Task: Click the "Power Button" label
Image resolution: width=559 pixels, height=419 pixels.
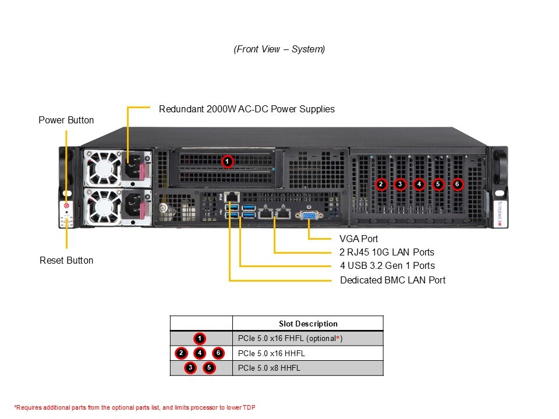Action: tap(66, 120)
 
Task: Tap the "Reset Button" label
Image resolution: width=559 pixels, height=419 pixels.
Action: tap(66, 260)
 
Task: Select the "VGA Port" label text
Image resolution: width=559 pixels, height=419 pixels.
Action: tap(358, 239)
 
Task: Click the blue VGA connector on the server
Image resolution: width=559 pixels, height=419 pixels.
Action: tap(309, 215)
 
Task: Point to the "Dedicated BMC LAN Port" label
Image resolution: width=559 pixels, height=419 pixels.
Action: tap(392, 280)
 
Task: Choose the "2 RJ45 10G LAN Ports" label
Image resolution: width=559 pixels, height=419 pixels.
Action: tap(387, 252)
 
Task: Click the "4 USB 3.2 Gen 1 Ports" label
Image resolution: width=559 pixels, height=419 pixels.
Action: tap(387, 266)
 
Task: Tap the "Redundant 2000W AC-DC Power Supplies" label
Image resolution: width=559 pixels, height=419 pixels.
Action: tap(246, 109)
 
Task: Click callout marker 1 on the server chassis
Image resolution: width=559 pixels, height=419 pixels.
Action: tap(228, 161)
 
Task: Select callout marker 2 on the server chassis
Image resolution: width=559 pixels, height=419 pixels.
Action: tap(381, 184)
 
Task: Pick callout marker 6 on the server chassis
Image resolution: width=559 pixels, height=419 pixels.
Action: tap(458, 184)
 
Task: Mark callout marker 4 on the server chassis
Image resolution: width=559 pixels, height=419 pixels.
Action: tap(419, 184)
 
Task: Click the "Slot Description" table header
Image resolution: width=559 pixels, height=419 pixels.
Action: tap(308, 324)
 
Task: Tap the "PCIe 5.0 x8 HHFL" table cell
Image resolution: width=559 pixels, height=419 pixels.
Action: tap(269, 368)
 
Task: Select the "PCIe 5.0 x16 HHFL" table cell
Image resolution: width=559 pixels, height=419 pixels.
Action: tap(271, 353)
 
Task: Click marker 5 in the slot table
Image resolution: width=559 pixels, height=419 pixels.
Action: tap(208, 368)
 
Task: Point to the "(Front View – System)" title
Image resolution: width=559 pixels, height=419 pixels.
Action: tap(279, 49)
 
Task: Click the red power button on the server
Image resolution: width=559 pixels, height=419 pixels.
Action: tap(66, 205)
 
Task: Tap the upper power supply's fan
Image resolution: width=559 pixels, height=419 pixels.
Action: tap(102, 167)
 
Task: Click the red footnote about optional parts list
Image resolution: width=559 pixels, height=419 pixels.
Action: tap(135, 407)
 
